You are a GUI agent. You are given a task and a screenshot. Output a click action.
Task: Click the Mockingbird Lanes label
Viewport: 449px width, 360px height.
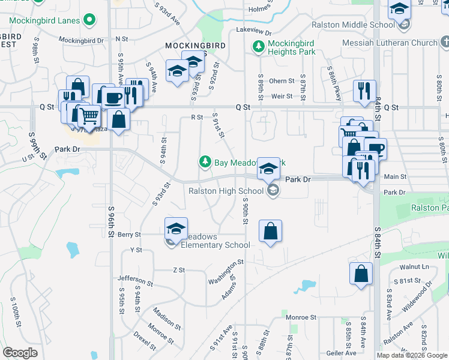click(x=45, y=20)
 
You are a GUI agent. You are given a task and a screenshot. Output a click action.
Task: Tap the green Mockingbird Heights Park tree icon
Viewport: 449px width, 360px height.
click(x=258, y=46)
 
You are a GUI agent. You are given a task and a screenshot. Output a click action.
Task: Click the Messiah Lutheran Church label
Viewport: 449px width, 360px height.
click(x=390, y=43)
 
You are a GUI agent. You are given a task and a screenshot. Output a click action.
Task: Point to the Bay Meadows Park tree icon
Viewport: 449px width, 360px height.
click(x=205, y=162)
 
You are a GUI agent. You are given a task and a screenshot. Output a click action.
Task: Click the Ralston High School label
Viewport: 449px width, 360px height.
click(x=226, y=191)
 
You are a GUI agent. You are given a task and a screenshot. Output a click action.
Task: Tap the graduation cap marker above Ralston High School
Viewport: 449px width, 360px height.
click(x=268, y=170)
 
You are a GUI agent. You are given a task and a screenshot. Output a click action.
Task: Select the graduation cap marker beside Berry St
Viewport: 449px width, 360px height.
click(x=176, y=229)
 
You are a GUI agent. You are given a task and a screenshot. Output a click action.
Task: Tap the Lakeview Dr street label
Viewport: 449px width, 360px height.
click(x=254, y=29)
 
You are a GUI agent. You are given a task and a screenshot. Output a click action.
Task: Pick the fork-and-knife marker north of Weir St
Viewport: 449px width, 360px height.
click(x=364, y=91)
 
